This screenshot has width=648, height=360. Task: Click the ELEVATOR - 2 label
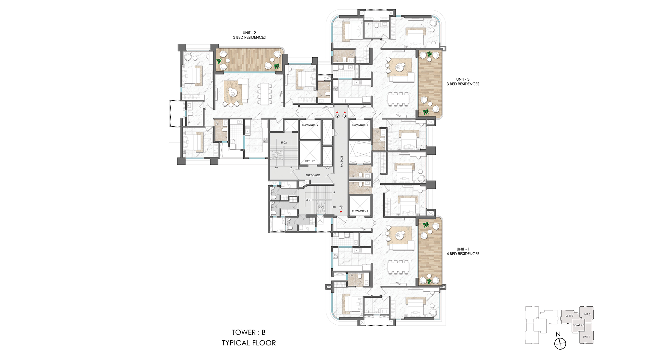(310, 125)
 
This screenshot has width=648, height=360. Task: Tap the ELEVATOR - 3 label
(360, 125)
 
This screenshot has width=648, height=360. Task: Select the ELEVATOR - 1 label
(360, 211)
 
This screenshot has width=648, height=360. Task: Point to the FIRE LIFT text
(310, 161)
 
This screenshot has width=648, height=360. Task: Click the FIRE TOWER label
(313, 175)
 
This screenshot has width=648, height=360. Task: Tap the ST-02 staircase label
(283, 143)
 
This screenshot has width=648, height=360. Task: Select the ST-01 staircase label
(308, 200)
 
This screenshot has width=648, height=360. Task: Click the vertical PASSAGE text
(341, 161)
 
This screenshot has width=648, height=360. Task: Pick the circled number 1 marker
(341, 208)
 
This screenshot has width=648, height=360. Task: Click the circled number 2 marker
(337, 116)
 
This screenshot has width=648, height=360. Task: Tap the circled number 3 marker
(345, 116)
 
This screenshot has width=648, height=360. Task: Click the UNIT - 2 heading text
(249, 33)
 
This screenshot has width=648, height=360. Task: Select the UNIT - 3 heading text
(463, 79)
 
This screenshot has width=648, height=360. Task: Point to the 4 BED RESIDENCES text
(463, 254)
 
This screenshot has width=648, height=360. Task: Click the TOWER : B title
(249, 332)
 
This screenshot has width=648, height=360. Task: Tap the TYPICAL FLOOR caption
(249, 343)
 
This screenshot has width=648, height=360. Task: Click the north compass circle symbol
(560, 343)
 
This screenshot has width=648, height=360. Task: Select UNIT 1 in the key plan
(586, 337)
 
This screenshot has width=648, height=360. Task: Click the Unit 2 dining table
(265, 94)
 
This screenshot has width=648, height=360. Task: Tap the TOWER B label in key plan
(578, 325)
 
